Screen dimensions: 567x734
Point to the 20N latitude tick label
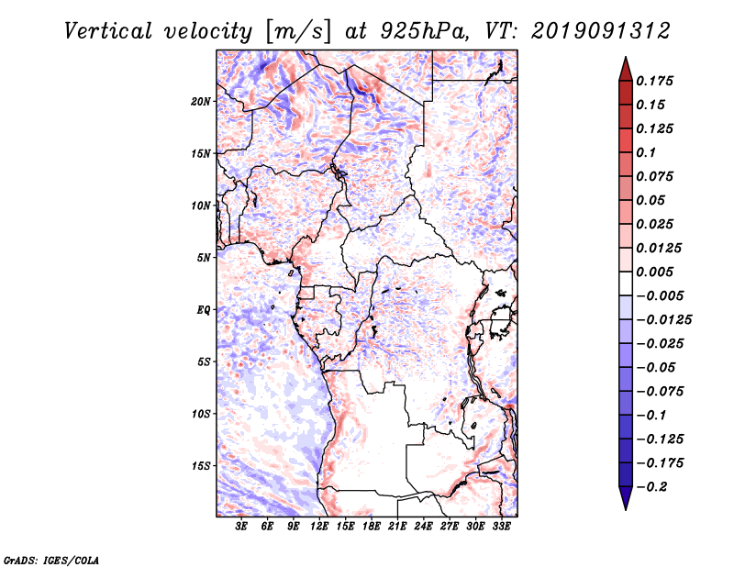(201, 101)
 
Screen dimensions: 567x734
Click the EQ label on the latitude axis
(204, 310)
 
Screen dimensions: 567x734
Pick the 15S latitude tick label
(201, 466)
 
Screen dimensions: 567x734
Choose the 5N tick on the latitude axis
(204, 258)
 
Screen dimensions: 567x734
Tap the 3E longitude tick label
(242, 527)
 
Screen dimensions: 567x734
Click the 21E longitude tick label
(398, 527)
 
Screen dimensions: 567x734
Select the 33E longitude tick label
(502, 527)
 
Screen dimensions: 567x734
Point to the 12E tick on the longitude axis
(320, 527)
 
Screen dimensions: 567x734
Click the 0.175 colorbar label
(656, 81)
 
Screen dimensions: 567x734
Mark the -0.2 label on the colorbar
(656, 486)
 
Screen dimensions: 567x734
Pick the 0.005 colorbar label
(656, 272)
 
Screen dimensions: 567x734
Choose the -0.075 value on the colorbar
(659, 391)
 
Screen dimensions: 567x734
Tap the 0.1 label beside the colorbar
(646, 152)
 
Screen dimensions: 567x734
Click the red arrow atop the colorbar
(625, 67)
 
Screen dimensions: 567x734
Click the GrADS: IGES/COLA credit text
(39, 559)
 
